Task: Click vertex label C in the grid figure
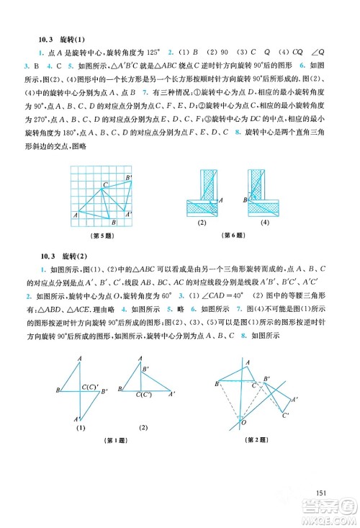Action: coord(105,185)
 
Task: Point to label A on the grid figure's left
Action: coord(75,214)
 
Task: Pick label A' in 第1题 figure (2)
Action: coord(171,394)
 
